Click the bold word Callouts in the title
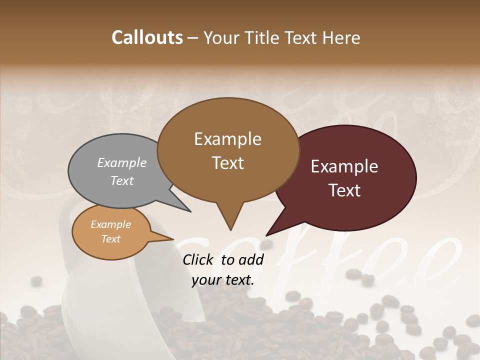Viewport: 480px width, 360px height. (147, 38)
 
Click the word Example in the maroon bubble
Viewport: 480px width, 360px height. (344, 166)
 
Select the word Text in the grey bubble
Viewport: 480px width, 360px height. (122, 180)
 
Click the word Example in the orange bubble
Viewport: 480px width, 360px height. (110, 224)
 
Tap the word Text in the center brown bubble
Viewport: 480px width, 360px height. (227, 163)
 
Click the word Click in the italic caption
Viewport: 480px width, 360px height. (199, 259)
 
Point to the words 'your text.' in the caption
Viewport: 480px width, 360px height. (223, 280)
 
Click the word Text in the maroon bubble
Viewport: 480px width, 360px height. (344, 190)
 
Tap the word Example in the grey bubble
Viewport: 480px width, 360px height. (122, 162)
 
